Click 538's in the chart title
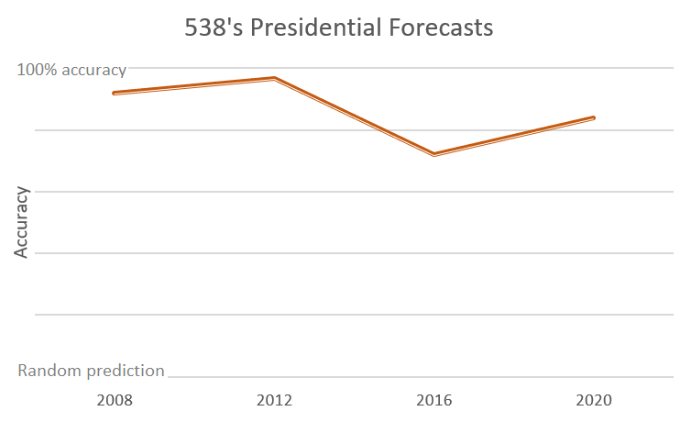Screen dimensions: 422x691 [x=213, y=28]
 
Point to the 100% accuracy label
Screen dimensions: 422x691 [x=71, y=69]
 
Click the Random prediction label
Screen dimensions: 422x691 [x=92, y=371]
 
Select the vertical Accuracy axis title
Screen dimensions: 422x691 [x=22, y=222]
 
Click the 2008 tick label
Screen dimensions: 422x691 [x=114, y=401]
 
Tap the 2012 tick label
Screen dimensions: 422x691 [x=274, y=401]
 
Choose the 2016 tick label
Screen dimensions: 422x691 [x=433, y=401]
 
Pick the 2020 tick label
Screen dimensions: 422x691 [x=594, y=401]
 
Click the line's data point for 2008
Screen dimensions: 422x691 [x=114, y=93]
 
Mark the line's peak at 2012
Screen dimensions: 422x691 [x=274, y=79]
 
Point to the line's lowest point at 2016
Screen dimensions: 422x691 [x=433, y=154]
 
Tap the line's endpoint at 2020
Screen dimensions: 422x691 [x=594, y=117]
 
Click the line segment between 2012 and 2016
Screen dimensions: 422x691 [x=354, y=117]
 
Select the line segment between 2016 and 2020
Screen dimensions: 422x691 [x=513, y=136]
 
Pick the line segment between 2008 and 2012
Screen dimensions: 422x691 [x=193, y=86]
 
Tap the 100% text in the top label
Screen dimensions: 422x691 [x=37, y=69]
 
